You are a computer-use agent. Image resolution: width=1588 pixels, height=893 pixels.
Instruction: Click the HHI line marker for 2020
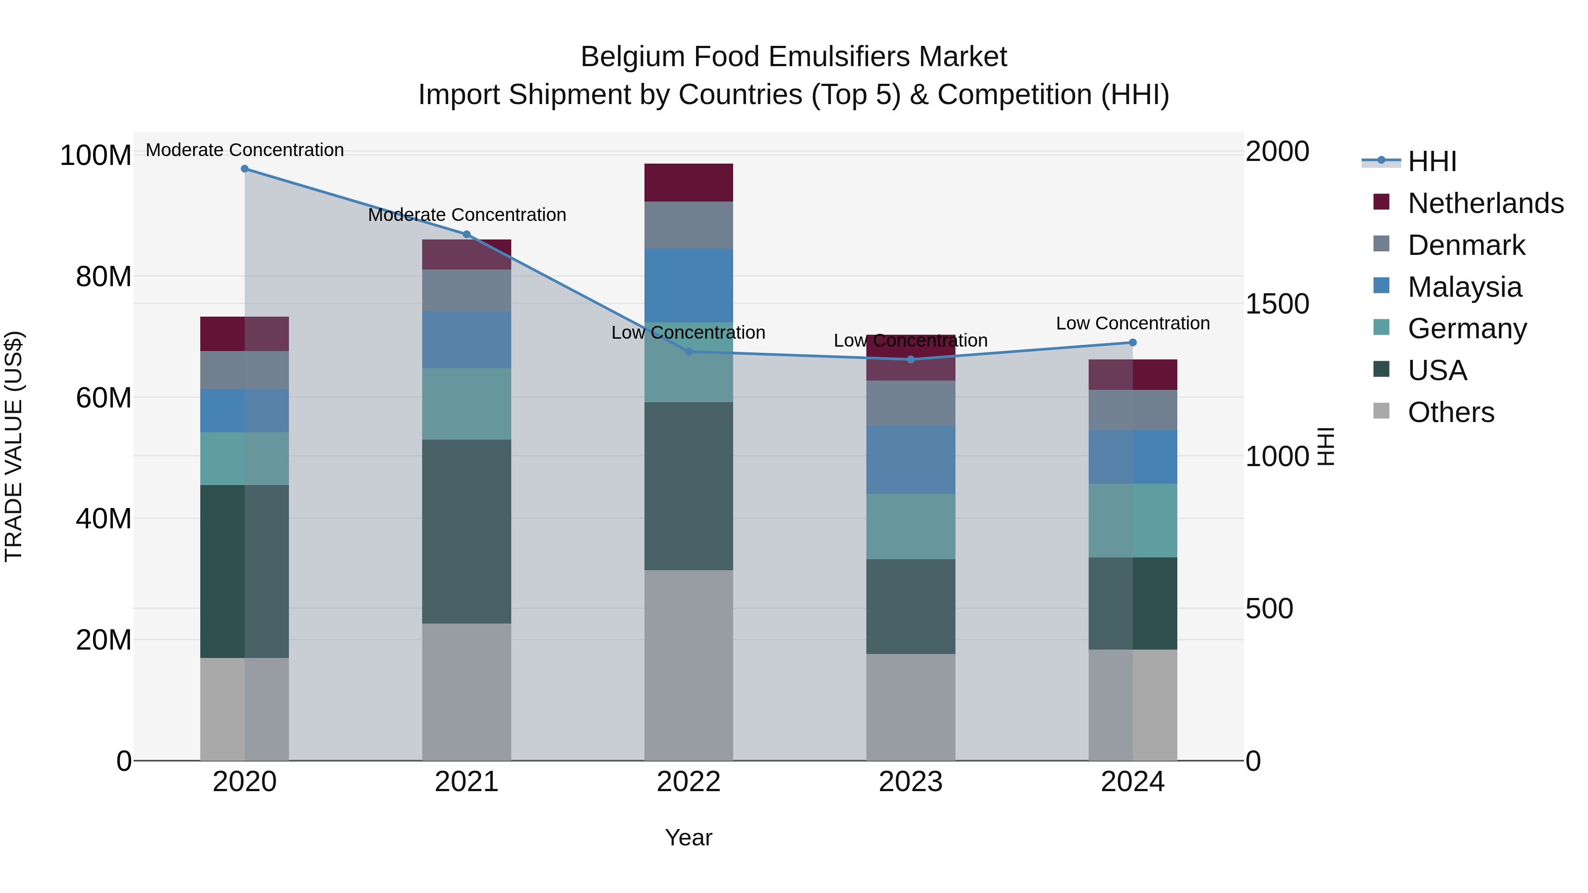coord(245,169)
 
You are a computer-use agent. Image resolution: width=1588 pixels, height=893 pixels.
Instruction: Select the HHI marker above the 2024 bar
coord(1132,343)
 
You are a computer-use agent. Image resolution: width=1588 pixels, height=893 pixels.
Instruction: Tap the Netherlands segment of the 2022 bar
coord(689,183)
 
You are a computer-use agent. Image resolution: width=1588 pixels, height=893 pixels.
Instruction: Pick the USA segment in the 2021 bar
coord(467,531)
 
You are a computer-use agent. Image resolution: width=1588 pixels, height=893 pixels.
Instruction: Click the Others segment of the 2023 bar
coord(910,707)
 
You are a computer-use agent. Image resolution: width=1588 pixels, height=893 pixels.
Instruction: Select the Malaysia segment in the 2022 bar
coord(689,285)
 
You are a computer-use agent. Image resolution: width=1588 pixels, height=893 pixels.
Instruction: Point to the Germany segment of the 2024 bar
coord(1132,521)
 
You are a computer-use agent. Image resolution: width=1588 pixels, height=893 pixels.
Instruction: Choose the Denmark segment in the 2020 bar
coord(245,370)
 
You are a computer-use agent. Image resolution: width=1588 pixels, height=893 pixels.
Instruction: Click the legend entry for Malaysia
coord(1464,287)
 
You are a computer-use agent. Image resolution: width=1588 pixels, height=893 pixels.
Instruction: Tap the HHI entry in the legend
coord(1431,161)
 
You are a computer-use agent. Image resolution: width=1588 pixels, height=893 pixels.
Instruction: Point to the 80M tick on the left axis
coord(104,276)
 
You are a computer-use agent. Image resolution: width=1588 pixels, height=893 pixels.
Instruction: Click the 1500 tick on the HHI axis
coord(1277,304)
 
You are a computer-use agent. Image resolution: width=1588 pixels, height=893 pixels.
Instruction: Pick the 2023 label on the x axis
coord(910,782)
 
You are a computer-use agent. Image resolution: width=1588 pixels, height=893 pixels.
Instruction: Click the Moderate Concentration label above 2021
coord(467,215)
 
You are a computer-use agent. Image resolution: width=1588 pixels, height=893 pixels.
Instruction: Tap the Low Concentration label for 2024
coord(1132,324)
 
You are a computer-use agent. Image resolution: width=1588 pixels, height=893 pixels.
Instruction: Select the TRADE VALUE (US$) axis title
coord(14,446)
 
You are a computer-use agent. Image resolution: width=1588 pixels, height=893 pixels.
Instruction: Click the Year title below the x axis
coord(689,837)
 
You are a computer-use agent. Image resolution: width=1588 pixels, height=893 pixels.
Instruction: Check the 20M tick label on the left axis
coord(104,640)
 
